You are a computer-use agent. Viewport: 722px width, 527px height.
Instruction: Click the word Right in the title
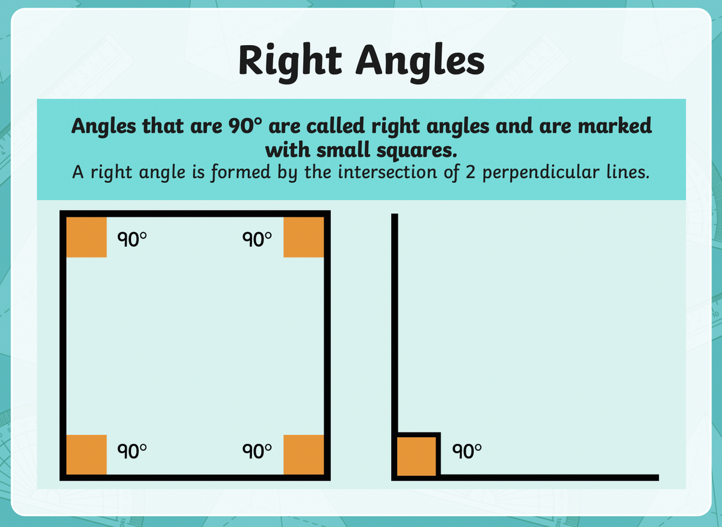(x=290, y=61)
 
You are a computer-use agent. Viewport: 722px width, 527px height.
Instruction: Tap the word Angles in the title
(x=420, y=63)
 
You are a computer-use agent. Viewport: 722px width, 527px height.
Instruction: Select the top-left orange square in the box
(x=87, y=237)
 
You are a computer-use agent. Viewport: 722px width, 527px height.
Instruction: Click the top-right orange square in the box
(x=304, y=237)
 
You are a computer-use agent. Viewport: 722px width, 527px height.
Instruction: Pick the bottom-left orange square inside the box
(x=87, y=454)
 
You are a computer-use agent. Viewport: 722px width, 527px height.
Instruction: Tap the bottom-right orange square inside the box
(x=304, y=454)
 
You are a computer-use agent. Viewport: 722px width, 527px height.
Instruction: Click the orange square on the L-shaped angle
(x=416, y=457)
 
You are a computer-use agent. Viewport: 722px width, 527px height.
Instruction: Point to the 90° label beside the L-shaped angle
(x=467, y=451)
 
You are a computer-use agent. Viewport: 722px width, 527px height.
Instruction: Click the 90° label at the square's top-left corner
(x=132, y=239)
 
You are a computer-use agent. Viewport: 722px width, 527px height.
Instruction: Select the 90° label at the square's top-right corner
(x=257, y=239)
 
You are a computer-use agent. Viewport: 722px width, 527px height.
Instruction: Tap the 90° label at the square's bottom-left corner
(x=132, y=451)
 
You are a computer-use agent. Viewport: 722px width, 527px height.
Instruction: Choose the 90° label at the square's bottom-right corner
(x=257, y=451)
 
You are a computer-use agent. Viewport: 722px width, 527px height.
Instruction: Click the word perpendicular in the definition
(x=541, y=173)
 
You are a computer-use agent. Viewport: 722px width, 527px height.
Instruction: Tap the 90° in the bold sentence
(x=245, y=126)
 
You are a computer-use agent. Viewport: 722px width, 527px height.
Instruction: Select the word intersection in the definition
(x=387, y=172)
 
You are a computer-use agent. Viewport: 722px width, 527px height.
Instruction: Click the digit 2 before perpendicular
(x=471, y=172)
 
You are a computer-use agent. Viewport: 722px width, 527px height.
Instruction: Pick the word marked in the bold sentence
(x=615, y=125)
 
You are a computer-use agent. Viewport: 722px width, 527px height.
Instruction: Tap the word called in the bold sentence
(x=336, y=125)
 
